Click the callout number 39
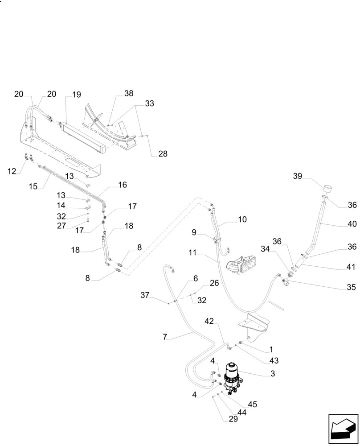click(297, 177)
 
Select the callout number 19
click(76, 94)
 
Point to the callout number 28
click(163, 154)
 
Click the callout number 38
click(129, 94)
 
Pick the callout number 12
click(11, 171)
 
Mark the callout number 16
click(123, 185)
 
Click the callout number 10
click(242, 219)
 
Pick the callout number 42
click(210, 321)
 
